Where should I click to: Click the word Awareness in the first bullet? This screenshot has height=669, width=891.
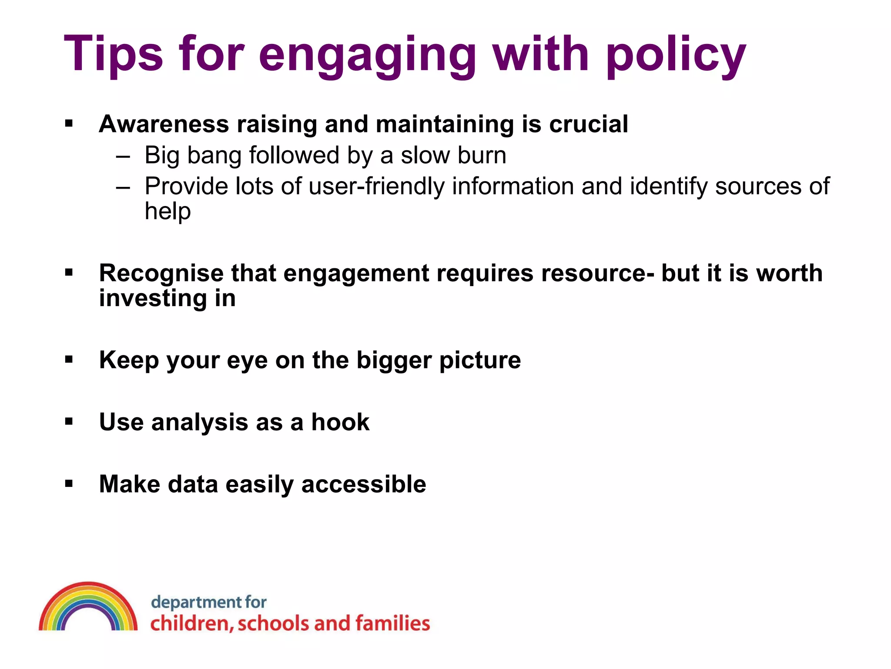pos(164,124)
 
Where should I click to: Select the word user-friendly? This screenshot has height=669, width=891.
pos(377,186)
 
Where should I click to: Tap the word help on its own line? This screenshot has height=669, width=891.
pos(167,212)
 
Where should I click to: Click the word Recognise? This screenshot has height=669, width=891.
pos(161,274)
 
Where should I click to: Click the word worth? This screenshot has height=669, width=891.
pos(789,274)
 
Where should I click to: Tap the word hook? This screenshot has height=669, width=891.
pos(340,422)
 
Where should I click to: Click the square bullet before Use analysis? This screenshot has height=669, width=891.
pos(69,421)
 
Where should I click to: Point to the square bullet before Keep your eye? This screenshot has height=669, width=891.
pos(69,359)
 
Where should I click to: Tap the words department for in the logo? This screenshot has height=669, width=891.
pos(208,602)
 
